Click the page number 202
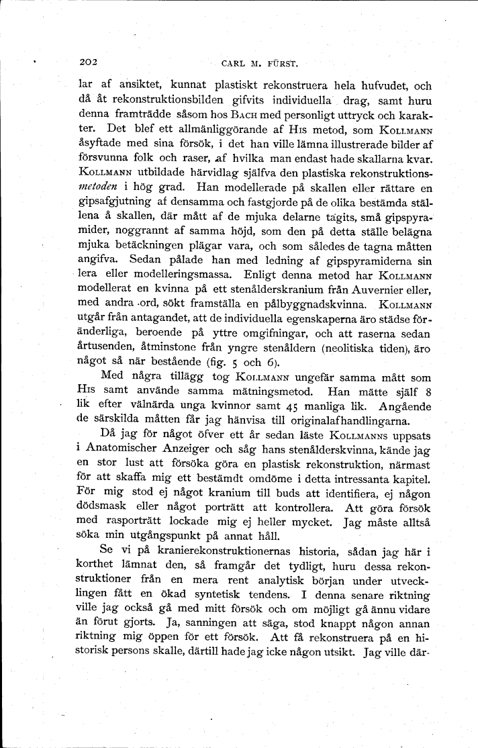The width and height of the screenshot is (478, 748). tap(89, 63)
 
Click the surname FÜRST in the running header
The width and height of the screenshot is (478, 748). tap(283, 64)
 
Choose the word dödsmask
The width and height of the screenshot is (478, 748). tap(103, 506)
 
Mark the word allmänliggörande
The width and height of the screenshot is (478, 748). tap(211, 129)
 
